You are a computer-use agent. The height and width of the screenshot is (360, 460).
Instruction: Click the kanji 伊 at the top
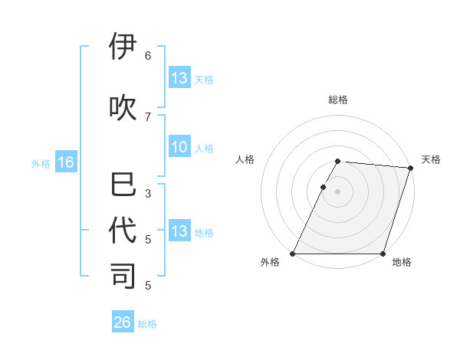(x=123, y=47)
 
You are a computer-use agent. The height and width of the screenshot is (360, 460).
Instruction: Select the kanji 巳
(x=123, y=186)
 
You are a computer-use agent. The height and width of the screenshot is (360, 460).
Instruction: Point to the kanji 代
(x=123, y=231)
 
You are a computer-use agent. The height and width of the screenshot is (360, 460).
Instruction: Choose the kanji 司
(x=123, y=277)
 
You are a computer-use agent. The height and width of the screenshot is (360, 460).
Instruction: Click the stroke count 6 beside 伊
(x=148, y=56)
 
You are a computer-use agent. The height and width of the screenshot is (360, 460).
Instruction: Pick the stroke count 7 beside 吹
(x=148, y=116)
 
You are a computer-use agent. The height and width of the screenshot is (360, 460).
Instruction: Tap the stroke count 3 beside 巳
(x=148, y=194)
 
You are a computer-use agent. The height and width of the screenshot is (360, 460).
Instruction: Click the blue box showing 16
(x=65, y=162)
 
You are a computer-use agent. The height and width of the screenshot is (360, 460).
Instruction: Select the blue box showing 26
(x=123, y=322)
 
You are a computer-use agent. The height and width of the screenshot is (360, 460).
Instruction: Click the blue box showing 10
(x=179, y=147)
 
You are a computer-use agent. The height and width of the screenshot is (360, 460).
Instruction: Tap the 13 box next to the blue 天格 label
(x=179, y=78)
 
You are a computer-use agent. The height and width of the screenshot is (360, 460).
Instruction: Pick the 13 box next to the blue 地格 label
(x=179, y=231)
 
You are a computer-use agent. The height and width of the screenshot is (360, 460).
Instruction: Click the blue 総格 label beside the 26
(x=147, y=324)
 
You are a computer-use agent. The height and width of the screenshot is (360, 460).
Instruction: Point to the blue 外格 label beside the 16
(x=41, y=164)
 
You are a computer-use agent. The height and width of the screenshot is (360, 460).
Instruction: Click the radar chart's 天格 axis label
(x=431, y=159)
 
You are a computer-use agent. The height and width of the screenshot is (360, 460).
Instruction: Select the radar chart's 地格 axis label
(x=402, y=263)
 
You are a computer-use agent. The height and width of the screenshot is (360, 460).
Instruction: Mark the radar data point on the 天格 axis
(x=411, y=168)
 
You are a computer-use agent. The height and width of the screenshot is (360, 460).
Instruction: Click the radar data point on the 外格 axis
(x=293, y=254)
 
